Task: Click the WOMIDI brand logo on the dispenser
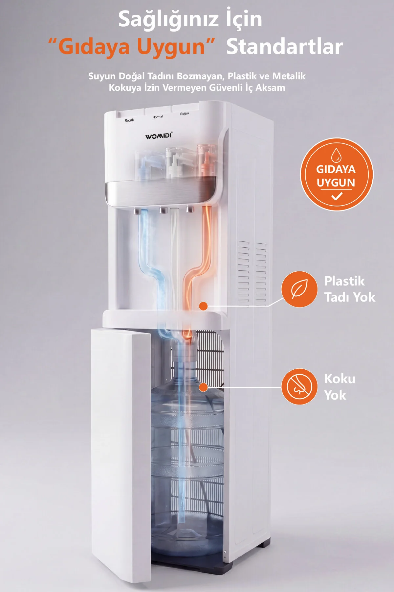(x=159, y=136)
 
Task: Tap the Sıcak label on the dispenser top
(x=129, y=120)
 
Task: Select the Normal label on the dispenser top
(x=158, y=117)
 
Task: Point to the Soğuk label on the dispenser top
(x=185, y=113)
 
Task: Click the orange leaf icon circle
(x=299, y=289)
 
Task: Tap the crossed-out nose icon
(x=299, y=386)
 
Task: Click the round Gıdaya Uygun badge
(x=337, y=174)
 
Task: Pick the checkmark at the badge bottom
(x=337, y=197)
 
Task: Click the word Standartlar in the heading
(x=284, y=47)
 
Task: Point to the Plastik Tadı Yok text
(x=350, y=289)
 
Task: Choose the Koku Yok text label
(x=340, y=387)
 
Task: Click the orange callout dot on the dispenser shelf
(x=204, y=306)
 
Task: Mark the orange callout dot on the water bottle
(x=204, y=387)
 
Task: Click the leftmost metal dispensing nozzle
(x=138, y=210)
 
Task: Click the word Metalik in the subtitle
(x=289, y=76)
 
